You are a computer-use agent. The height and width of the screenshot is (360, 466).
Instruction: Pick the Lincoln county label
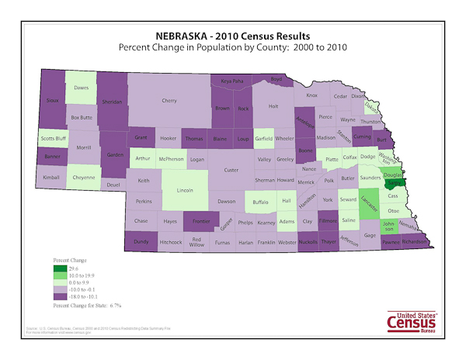(186, 190)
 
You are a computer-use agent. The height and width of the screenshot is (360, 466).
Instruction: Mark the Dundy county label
(141, 242)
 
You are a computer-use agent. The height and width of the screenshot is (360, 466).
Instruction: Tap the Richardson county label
(415, 242)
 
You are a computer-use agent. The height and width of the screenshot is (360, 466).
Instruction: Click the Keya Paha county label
(232, 80)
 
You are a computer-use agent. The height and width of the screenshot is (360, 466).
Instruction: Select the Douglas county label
(392, 176)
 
